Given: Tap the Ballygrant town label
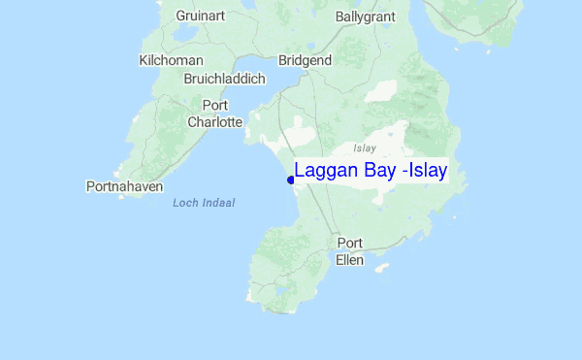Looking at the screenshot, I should [367, 16].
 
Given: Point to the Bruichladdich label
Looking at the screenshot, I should [224, 80].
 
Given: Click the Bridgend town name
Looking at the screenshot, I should [305, 60].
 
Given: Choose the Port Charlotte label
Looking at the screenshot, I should [214, 114].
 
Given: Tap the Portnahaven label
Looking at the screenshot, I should [124, 186].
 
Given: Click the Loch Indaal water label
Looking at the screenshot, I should [204, 203].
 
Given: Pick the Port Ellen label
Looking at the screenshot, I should [349, 251].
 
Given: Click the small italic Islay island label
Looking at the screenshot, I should [365, 148].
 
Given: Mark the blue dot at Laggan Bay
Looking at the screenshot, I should [291, 180].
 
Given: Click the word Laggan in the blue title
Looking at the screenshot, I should [325, 172].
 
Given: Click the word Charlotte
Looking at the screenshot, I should [214, 122].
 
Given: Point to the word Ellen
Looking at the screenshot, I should [349, 260].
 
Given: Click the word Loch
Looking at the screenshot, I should [184, 203].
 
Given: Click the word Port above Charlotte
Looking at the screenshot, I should [214, 105].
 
